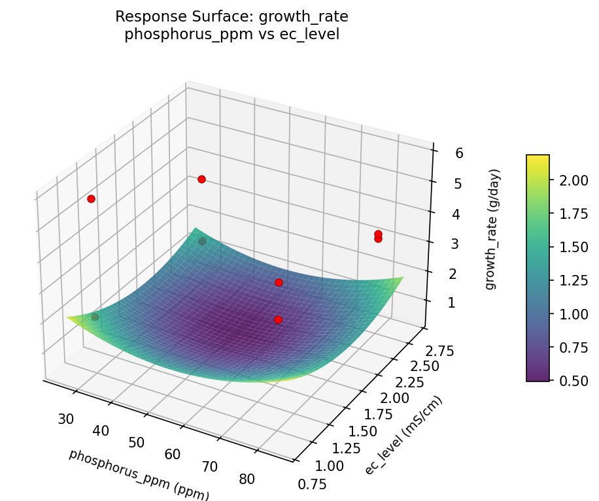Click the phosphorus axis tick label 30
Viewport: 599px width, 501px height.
(66, 419)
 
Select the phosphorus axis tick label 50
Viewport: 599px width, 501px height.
(136, 442)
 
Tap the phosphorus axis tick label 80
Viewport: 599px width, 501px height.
(247, 479)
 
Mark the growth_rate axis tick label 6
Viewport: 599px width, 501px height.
(441, 154)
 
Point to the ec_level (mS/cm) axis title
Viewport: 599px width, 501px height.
(403, 436)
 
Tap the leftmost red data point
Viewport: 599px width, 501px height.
(91, 199)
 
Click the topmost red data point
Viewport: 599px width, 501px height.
(201, 179)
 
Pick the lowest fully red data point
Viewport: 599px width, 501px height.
(278, 319)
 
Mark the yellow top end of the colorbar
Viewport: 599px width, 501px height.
(538, 157)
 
